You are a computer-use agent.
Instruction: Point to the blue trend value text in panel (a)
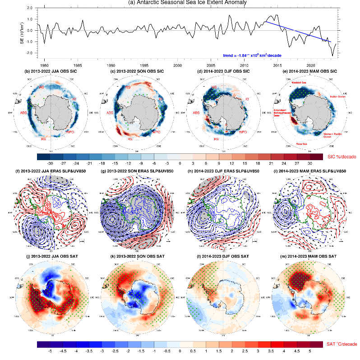pyautogui.click(x=252, y=55)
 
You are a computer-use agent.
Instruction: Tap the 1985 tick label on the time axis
pyautogui.click(x=77, y=65)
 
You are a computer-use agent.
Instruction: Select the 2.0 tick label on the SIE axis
pyautogui.click(x=29, y=8)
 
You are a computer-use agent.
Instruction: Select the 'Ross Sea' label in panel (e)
pyautogui.click(x=300, y=144)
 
